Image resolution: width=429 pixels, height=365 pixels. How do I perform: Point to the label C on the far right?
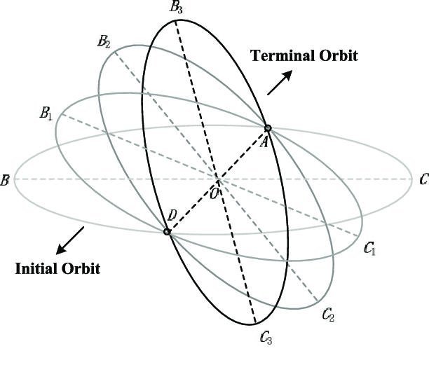coord(422,180)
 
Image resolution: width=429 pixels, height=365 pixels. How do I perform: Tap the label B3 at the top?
coord(175,9)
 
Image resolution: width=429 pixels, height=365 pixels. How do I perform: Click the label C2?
coord(328,315)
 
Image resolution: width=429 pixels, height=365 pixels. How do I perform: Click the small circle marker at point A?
coord(267,128)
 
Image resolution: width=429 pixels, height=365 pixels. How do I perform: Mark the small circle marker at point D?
coord(167,231)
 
